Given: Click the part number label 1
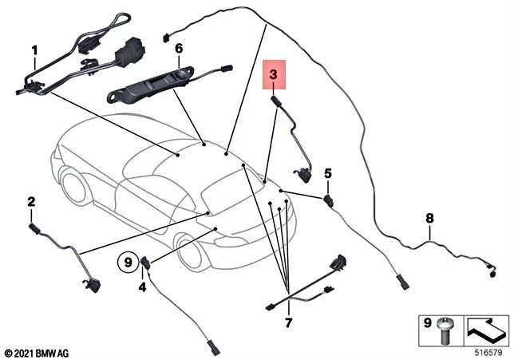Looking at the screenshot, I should coord(34,50).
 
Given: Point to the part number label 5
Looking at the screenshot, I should coord(327,173).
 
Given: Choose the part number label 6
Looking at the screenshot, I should coord(179,48).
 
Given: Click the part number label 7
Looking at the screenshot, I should coord(288,322).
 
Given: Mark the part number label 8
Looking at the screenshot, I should coord(429,217).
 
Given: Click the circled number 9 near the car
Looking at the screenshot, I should coord(127,260).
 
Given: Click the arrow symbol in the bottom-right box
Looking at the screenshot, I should coord(486,327).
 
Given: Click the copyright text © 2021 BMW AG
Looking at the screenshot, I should coord(38,352).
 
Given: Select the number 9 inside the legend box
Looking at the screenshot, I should coord(426,324).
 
